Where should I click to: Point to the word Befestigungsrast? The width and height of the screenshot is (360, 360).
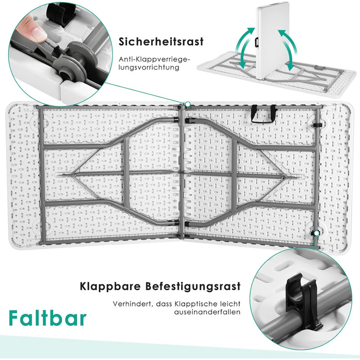[x=201, y=286]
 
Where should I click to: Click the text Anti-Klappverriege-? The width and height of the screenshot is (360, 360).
[x=154, y=59]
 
